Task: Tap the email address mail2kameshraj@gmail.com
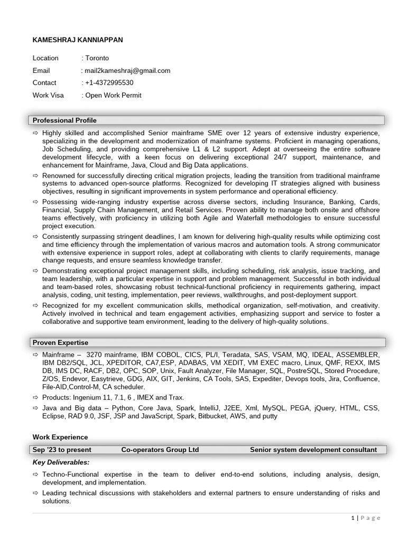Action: (127, 70)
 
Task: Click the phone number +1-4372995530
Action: (109, 82)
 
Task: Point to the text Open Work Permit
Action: (113, 95)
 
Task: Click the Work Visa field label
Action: (48, 95)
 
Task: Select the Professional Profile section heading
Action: (64, 120)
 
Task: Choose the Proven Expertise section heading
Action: (60, 343)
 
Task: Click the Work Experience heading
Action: (60, 437)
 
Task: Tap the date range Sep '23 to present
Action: (62, 450)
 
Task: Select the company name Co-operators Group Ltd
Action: (160, 450)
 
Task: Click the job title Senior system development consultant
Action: (313, 450)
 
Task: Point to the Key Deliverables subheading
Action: (61, 462)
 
